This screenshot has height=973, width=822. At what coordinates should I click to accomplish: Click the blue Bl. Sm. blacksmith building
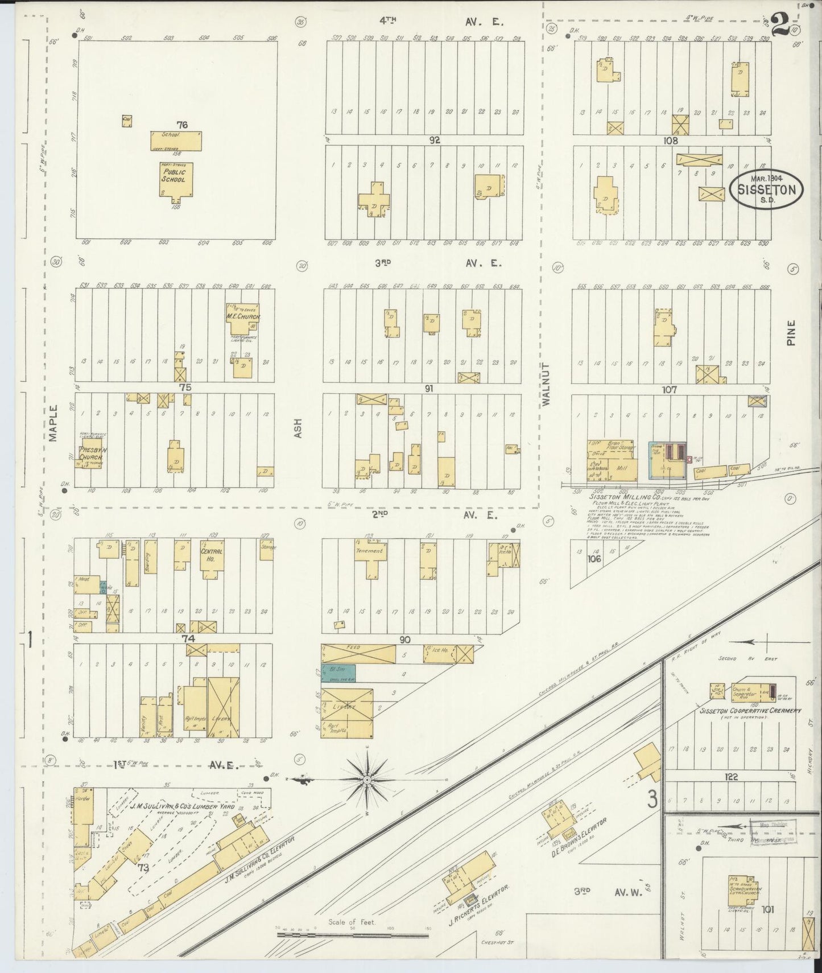tap(338, 673)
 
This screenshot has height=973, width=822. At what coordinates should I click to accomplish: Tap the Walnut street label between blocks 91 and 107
tap(547, 384)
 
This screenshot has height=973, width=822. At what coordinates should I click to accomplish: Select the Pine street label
tap(791, 333)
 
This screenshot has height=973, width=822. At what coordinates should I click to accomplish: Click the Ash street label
tap(298, 428)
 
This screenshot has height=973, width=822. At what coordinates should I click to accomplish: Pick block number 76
tap(182, 125)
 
